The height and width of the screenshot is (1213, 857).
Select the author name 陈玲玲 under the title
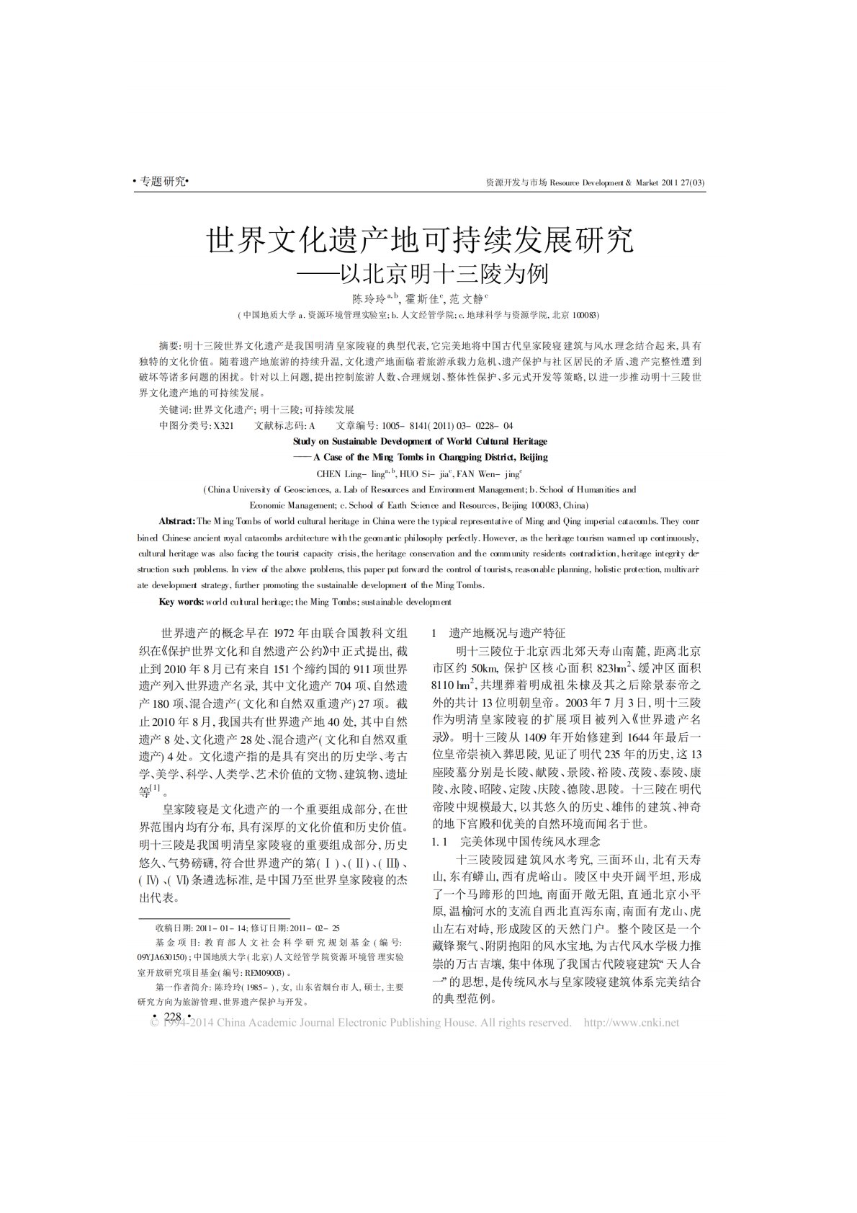tap(368, 298)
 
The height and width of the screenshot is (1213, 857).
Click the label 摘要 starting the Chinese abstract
tap(170, 346)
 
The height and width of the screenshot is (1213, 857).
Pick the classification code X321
tap(223, 425)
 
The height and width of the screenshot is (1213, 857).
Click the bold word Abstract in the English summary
tap(176, 521)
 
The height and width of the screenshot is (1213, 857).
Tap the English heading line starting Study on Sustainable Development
tap(420, 441)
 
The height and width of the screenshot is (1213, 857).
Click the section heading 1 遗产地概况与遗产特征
tap(498, 633)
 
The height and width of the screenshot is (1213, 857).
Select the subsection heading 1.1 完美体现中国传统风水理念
tap(516, 841)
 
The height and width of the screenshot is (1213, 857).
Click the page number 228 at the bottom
tap(172, 1016)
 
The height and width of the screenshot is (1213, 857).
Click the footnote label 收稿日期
tap(170, 928)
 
